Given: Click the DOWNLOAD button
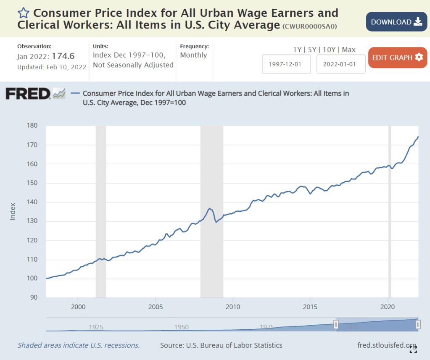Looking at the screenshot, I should point(396,22).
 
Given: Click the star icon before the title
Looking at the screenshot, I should point(23,13).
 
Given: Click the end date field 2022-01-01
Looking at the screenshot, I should point(340,64).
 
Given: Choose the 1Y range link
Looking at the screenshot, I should point(297,50).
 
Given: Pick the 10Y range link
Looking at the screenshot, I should point(329,50).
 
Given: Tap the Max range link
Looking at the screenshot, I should point(348,50).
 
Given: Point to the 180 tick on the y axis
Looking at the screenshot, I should point(32,126).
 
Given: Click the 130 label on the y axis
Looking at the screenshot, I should point(32,221).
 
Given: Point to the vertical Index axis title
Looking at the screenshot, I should point(13,212).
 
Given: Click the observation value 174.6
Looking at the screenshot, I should point(63,56).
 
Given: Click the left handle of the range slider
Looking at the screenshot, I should point(336,324).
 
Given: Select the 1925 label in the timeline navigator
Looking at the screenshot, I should point(96,327).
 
